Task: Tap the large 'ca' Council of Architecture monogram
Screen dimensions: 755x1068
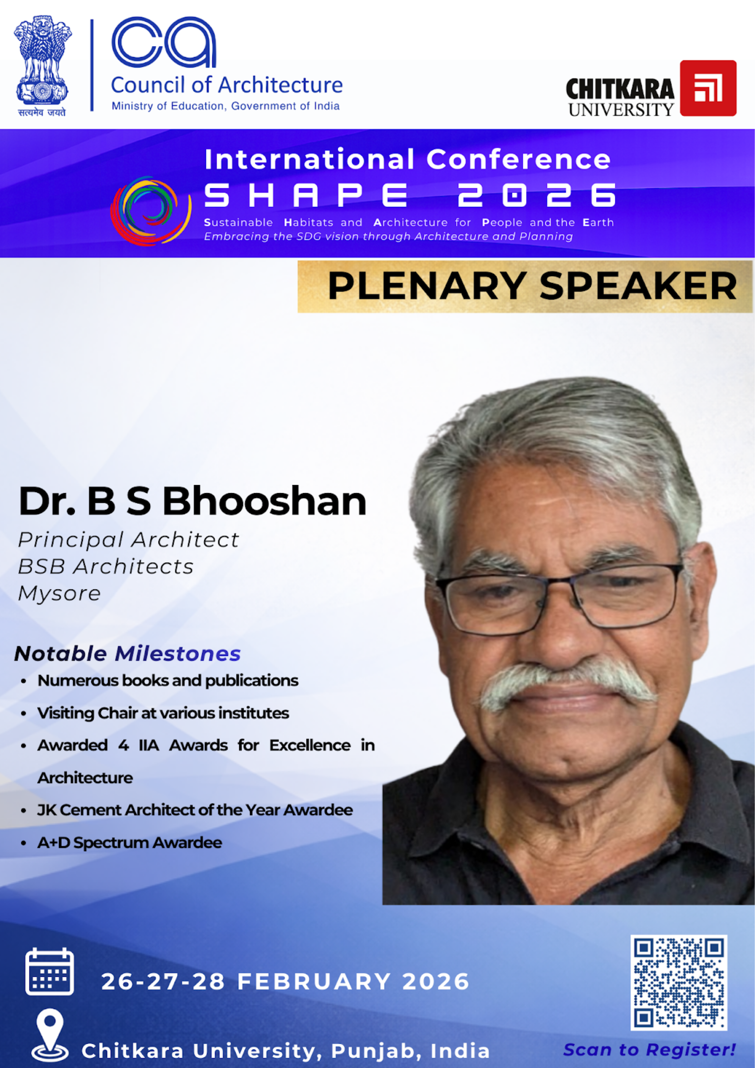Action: coord(164,42)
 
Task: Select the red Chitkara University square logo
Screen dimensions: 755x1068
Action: coord(708,88)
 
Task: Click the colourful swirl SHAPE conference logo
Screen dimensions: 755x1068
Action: coord(150,210)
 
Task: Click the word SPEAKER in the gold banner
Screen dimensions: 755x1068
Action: coord(638,286)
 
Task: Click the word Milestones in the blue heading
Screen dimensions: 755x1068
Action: coord(177,654)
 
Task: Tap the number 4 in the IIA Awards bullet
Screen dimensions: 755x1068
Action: coord(123,745)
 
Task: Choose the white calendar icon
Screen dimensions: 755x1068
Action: coord(49,971)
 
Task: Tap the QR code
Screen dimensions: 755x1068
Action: coord(679,982)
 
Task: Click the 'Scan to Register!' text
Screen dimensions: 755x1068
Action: coord(649,1049)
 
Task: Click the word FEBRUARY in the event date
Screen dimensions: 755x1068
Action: coord(314,981)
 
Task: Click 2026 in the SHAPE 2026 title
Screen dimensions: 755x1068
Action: coord(537,195)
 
